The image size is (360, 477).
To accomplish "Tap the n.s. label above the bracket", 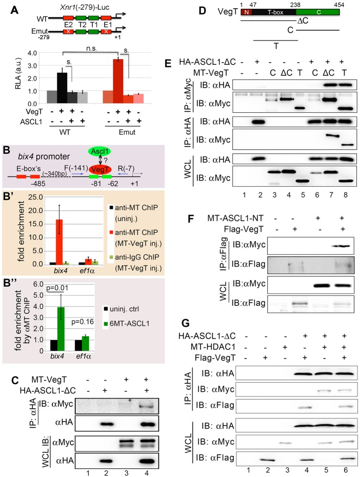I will click(x=91, y=47).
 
